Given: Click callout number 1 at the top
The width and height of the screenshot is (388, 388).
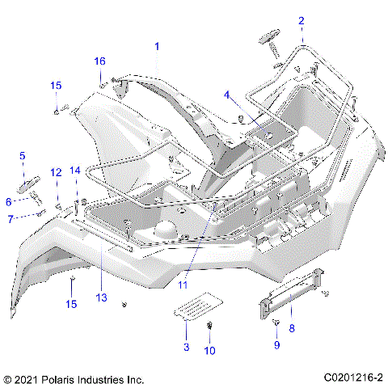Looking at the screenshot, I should click(x=157, y=47).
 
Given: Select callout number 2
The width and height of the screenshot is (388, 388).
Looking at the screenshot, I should click(x=302, y=20).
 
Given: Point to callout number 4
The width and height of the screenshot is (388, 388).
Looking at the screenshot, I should click(x=227, y=95).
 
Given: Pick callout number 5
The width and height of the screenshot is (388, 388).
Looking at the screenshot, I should click(x=22, y=156).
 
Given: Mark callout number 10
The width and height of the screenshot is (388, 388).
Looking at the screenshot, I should click(x=209, y=350).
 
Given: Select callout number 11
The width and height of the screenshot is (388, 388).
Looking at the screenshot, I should click(x=183, y=285).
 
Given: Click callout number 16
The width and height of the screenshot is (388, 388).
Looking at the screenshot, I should click(x=100, y=61).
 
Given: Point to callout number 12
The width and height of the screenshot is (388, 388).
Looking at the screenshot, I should click(x=57, y=173).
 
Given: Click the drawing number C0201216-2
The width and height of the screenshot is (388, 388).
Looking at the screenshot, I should click(x=353, y=377).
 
